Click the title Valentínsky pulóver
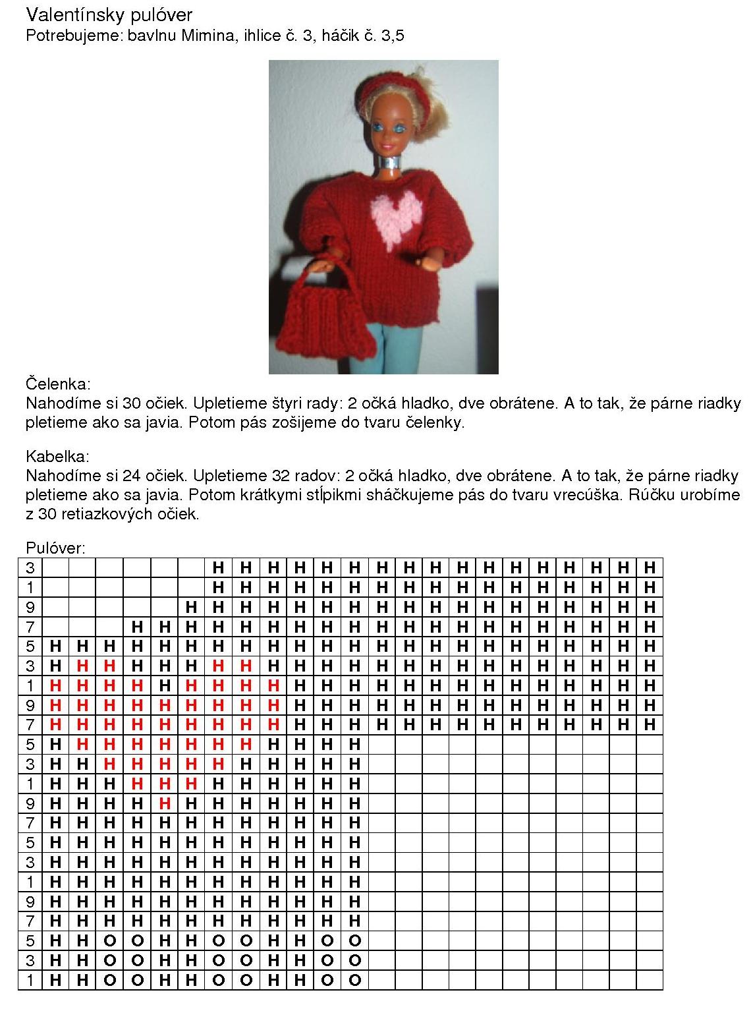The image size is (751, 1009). coord(109,14)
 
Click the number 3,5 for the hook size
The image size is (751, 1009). coord(393,36)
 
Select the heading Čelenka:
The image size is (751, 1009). coord(58,384)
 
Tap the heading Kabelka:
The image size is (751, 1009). coord(57,456)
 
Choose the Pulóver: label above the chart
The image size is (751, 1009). coord(55,548)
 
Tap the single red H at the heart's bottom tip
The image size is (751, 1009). coord(165,803)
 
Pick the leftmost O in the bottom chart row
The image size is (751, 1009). coord(110,980)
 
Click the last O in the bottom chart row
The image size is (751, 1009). coord(355,980)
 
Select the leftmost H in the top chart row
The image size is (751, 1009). coord(219,567)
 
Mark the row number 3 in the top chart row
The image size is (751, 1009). coord(30,567)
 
